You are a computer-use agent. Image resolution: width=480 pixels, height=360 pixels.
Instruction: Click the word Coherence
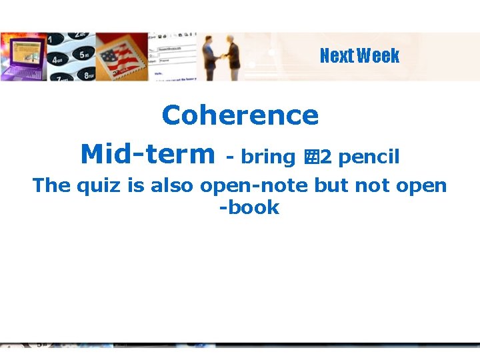[240, 115]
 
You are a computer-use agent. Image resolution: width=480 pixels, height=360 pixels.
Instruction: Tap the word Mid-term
[146, 155]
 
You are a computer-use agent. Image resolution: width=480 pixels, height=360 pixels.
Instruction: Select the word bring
[268, 157]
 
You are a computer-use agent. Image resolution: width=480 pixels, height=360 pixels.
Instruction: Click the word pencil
[369, 157]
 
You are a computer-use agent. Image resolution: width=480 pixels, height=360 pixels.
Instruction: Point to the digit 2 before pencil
[326, 158]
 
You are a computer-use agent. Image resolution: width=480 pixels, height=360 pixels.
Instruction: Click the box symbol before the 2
[311, 158]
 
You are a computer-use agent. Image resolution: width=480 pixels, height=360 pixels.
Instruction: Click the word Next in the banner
[337, 56]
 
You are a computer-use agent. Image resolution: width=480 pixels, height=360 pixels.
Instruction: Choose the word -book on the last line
[249, 207]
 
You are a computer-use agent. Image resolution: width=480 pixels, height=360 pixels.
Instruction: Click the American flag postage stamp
[124, 57]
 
